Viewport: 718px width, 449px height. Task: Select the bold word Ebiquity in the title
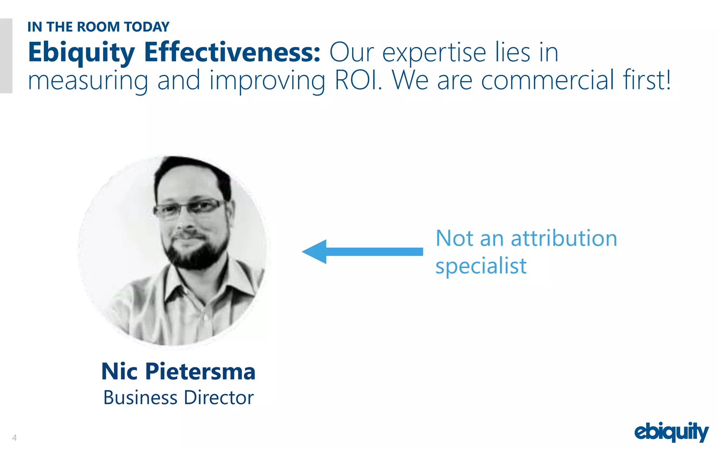[81, 53]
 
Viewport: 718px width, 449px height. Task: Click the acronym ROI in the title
[357, 80]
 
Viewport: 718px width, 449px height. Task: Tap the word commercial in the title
[547, 80]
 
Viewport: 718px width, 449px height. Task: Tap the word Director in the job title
[219, 398]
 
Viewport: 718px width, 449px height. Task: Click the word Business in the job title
[140, 398]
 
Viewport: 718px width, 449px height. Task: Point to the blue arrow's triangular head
[316, 252]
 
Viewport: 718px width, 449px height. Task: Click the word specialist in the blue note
[481, 266]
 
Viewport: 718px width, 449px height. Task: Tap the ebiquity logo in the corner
[671, 432]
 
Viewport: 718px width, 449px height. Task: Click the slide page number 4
[14, 437]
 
